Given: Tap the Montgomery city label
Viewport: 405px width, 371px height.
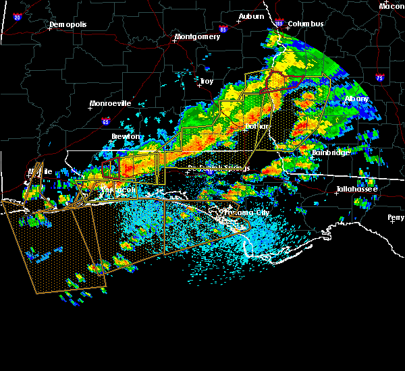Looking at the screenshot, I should click(197, 36).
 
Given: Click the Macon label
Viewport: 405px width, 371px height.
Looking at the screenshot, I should click(391, 6).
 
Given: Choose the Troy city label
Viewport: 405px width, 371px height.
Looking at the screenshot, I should click(206, 81).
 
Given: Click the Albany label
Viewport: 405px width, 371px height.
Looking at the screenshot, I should click(356, 98).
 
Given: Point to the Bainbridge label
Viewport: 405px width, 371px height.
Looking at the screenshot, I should click(331, 152).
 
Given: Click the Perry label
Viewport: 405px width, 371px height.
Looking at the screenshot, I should click(396, 217).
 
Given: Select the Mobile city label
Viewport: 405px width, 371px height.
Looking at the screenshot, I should click(39, 172).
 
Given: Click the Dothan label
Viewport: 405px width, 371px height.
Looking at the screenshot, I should click(256, 126).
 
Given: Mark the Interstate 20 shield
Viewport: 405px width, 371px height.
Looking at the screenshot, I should click(18, 18).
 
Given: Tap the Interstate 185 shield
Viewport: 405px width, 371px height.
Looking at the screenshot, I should click(279, 24).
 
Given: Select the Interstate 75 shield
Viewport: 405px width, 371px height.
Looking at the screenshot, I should click(381, 78).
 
